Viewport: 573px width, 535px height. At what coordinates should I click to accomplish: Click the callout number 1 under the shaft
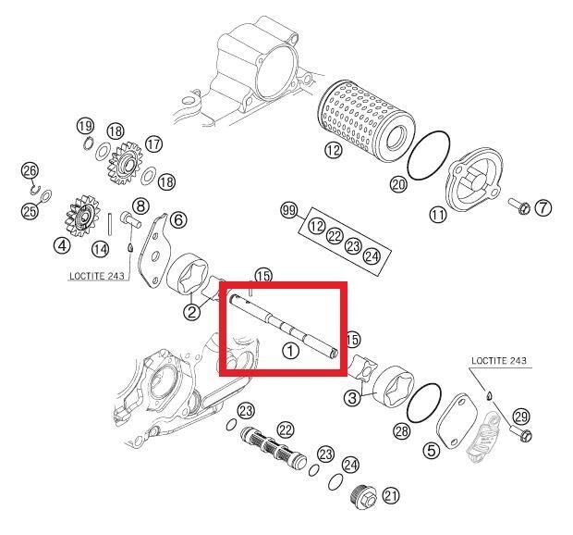[290, 351]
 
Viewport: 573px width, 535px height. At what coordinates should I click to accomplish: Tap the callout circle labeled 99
[289, 213]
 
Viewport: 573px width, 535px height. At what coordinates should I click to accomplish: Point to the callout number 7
[543, 207]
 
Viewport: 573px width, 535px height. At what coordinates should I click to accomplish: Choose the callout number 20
[398, 185]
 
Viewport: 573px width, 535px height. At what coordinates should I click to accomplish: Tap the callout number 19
[85, 126]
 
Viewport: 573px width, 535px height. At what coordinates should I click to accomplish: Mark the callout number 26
[30, 171]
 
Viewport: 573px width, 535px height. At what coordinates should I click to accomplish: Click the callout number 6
[177, 219]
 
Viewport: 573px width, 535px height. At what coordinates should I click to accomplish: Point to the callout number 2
[191, 312]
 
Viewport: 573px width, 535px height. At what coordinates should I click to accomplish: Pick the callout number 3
[351, 398]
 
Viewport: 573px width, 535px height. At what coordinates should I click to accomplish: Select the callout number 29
[521, 417]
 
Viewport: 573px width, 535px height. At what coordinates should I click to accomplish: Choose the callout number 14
[101, 248]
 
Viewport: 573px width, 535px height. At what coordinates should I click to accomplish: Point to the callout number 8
[140, 205]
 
